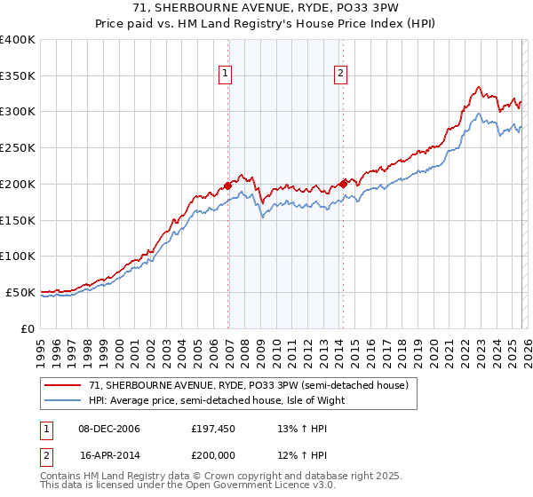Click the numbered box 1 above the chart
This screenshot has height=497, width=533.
coord(226,75)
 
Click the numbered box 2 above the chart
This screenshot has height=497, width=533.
coord(340,75)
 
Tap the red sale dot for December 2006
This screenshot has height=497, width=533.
coord(227,185)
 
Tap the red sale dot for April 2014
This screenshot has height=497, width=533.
coord(343,185)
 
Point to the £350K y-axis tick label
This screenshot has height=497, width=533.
coord(18,76)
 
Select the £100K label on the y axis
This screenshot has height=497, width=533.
coord(18,256)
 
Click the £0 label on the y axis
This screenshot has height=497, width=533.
coord(28,328)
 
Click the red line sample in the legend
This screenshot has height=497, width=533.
coord(63,386)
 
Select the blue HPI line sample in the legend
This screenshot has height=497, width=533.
coord(63,400)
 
